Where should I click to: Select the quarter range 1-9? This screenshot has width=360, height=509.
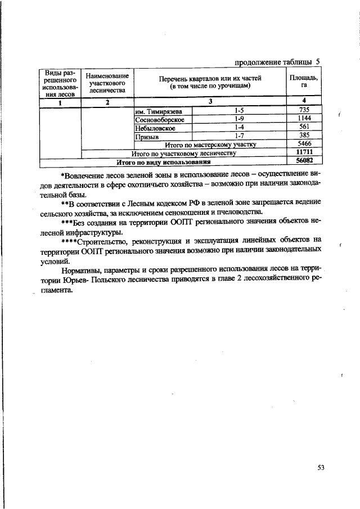coord(239,119)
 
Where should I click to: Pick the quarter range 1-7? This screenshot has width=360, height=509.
coord(239,136)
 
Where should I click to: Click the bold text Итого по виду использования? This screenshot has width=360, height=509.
coord(163,162)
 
